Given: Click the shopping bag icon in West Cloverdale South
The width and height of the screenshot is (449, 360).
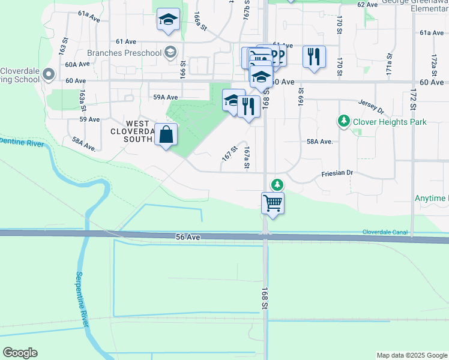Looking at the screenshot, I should tap(166, 134).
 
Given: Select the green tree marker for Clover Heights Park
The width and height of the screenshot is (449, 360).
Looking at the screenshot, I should tap(344, 122).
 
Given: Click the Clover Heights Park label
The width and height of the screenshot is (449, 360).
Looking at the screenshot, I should tap(390, 122).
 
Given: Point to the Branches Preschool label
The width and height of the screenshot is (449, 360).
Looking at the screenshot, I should tap(125, 53).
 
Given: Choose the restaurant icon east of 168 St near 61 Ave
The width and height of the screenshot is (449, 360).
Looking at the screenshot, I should tap(314, 56).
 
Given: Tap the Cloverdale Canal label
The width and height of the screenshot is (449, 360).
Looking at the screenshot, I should tap(385, 232).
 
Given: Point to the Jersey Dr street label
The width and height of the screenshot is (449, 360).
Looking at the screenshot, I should tap(370, 106).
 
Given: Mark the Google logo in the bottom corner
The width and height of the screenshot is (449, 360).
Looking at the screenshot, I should tap(20, 353).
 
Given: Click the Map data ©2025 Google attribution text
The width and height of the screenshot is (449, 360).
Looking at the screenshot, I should tap(411, 355).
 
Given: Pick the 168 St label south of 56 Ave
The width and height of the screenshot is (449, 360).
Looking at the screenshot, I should tap(264, 298).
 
